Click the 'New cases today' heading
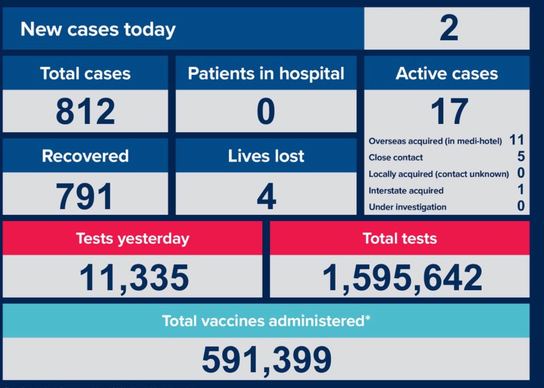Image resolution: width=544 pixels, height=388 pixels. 98,29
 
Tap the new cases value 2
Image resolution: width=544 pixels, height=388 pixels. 449,28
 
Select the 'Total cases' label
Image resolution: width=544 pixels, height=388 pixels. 85,74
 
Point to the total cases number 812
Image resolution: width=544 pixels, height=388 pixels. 85,111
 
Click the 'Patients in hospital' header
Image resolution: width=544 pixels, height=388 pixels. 266,74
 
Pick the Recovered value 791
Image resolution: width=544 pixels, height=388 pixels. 84,197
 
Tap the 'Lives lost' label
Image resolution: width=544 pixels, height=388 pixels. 266,156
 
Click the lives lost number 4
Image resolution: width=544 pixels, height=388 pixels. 266,197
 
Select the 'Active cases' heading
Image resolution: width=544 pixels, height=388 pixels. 447,74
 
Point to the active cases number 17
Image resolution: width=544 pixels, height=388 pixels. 449,111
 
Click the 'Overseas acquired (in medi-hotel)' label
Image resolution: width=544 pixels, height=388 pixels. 435,141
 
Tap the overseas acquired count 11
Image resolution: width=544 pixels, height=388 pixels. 517,140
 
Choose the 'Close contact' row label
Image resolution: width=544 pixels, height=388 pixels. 396,158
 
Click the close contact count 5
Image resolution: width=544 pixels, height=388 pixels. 521,157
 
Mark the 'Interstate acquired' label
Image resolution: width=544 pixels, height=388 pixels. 406,191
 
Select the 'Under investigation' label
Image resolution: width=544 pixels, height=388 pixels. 407,207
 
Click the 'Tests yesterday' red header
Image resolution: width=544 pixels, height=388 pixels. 133,239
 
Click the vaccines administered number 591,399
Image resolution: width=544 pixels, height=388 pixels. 267,360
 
